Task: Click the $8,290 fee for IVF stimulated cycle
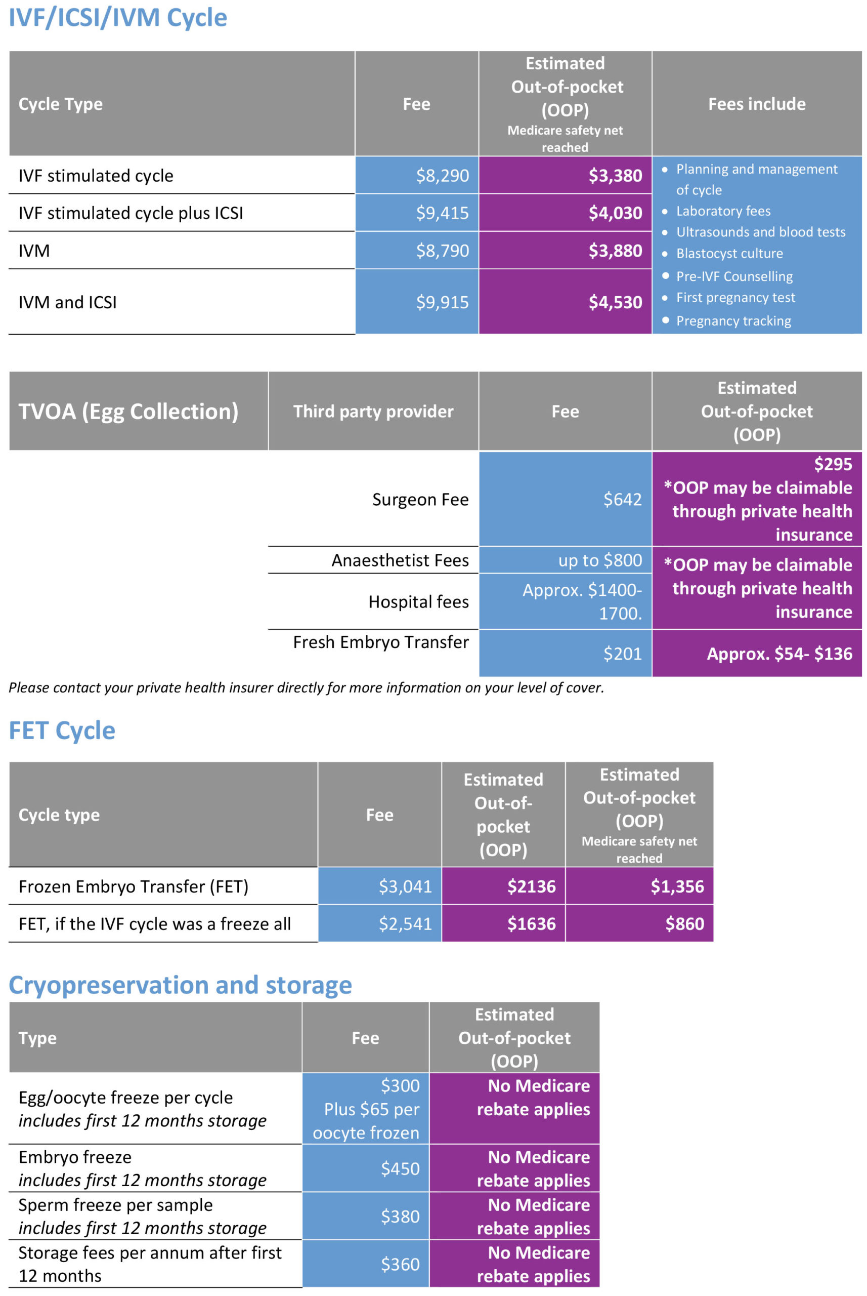coord(442,176)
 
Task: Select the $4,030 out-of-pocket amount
coord(615,213)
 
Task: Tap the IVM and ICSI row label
coord(67,302)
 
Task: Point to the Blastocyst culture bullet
coord(729,254)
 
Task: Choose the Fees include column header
coord(757,104)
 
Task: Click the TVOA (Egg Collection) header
coord(128,412)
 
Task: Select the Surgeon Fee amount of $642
coord(622,499)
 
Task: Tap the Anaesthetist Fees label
coord(400,560)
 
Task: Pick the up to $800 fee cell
coord(600,560)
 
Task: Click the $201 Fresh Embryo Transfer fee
coord(622,654)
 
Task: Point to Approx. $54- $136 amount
coord(779,654)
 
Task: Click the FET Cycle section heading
coord(62,731)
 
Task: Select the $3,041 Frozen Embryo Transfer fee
coord(405,886)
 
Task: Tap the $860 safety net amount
coord(684,923)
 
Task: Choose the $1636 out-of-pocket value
coord(531,923)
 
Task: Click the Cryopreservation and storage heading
coord(180,986)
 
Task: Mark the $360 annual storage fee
coord(400,1264)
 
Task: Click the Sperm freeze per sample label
coord(115,1205)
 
